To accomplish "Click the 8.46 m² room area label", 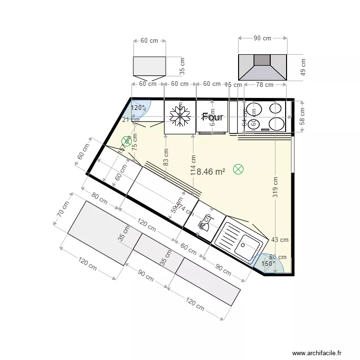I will pyautogui.click(x=211, y=171).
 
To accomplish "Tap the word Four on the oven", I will pyautogui.click(x=213, y=117).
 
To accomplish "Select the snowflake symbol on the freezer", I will pyautogui.click(x=180, y=117).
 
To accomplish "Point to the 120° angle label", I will pyautogui.click(x=138, y=108).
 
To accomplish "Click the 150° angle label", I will pyautogui.click(x=268, y=264).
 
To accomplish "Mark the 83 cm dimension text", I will pyautogui.click(x=166, y=158).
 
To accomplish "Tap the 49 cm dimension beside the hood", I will pyautogui.click(x=302, y=67).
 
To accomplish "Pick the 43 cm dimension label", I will pyautogui.click(x=280, y=240).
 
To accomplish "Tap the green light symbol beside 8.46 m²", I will pyautogui.click(x=238, y=169).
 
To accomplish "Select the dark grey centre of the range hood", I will pyautogui.click(x=262, y=60).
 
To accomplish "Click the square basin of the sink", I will pyautogui.click(x=249, y=248).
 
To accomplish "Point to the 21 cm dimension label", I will pyautogui.click(x=128, y=120).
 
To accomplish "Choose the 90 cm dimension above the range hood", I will pyautogui.click(x=263, y=38).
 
